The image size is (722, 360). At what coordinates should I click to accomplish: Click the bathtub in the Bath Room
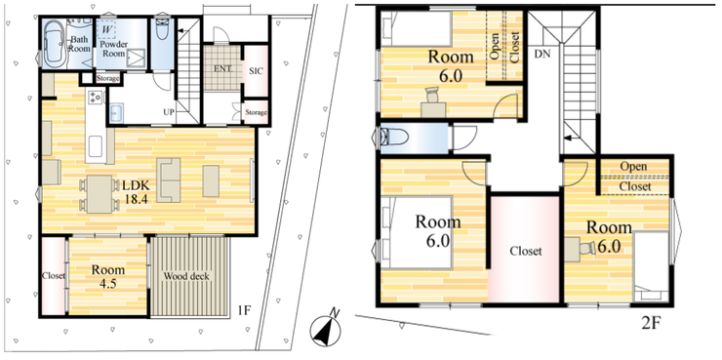pyautogui.click(x=56, y=44)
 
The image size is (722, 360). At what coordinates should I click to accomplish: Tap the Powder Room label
pyautogui.click(x=114, y=49)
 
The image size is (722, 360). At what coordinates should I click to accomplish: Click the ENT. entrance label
pyautogui.click(x=222, y=68)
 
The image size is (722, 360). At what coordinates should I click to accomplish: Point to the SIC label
pyautogui.click(x=256, y=71)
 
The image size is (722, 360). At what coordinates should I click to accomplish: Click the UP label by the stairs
pyautogui.click(x=168, y=111)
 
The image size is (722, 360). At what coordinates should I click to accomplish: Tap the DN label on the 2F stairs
pyautogui.click(x=541, y=54)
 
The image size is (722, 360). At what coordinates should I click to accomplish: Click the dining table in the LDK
pyautogui.click(x=99, y=194)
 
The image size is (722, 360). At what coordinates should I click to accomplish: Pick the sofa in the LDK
pyautogui.click(x=169, y=180)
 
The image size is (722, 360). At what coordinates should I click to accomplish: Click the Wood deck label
pyautogui.click(x=186, y=276)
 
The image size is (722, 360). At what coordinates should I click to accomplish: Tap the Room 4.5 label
pyautogui.click(x=107, y=275)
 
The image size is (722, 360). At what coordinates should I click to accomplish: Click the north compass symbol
pyautogui.click(x=326, y=330)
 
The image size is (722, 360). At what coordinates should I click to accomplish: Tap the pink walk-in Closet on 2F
pyautogui.click(x=524, y=249)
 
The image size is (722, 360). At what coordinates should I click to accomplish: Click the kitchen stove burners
pyautogui.click(x=96, y=97)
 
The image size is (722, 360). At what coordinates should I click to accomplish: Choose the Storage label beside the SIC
pyautogui.click(x=256, y=112)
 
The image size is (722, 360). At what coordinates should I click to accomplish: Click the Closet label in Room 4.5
pyautogui.click(x=54, y=276)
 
